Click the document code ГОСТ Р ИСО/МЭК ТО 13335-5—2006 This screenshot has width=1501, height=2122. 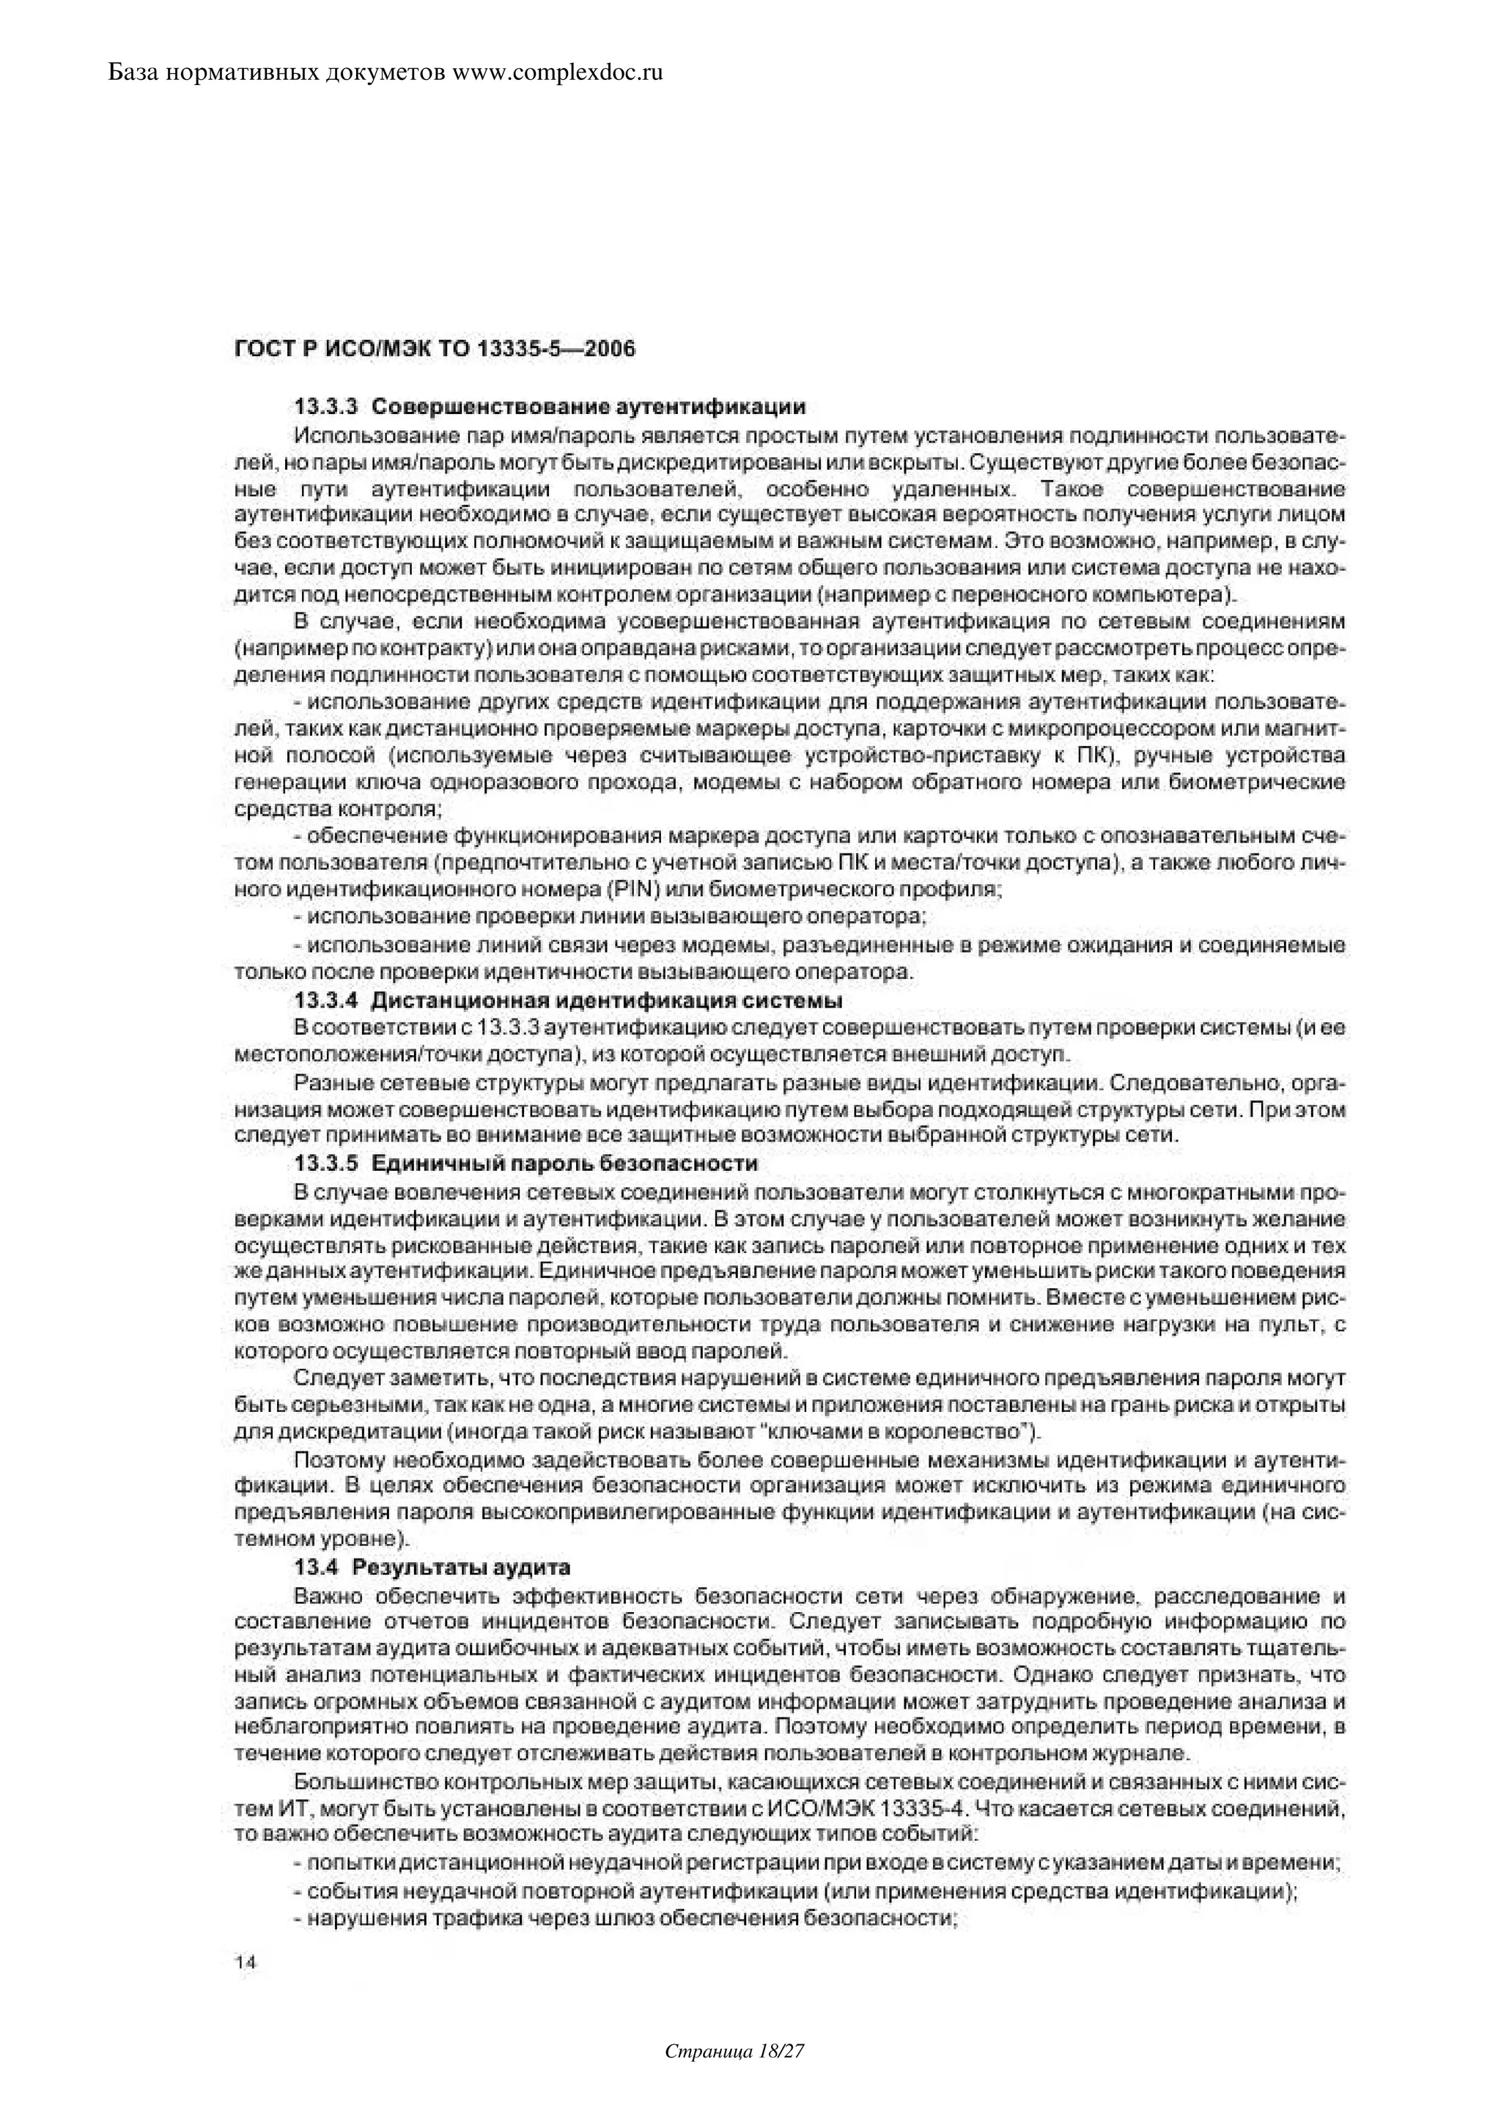coord(435,350)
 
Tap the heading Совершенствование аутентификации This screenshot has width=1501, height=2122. coord(589,407)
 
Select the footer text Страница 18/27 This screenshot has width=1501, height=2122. coord(736,2077)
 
